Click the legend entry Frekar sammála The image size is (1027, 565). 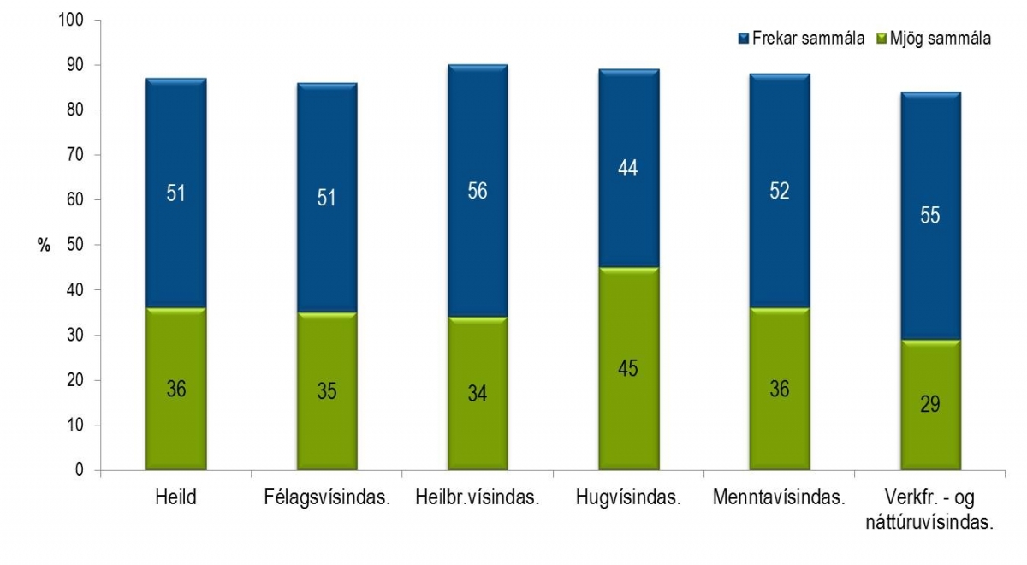click(x=801, y=39)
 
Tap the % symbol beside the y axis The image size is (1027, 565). click(x=45, y=245)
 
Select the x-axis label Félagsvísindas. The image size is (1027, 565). click(x=326, y=497)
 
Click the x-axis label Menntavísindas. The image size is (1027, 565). click(x=779, y=497)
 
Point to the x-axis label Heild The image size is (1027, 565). click(x=176, y=497)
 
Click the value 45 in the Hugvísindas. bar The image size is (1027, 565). click(x=628, y=369)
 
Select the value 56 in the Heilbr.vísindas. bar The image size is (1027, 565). click(x=478, y=191)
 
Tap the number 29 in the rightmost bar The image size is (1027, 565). click(x=930, y=405)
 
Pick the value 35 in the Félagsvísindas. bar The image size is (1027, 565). click(x=327, y=391)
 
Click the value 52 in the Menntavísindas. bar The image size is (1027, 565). click(x=779, y=191)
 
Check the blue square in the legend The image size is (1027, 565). click(x=743, y=39)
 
